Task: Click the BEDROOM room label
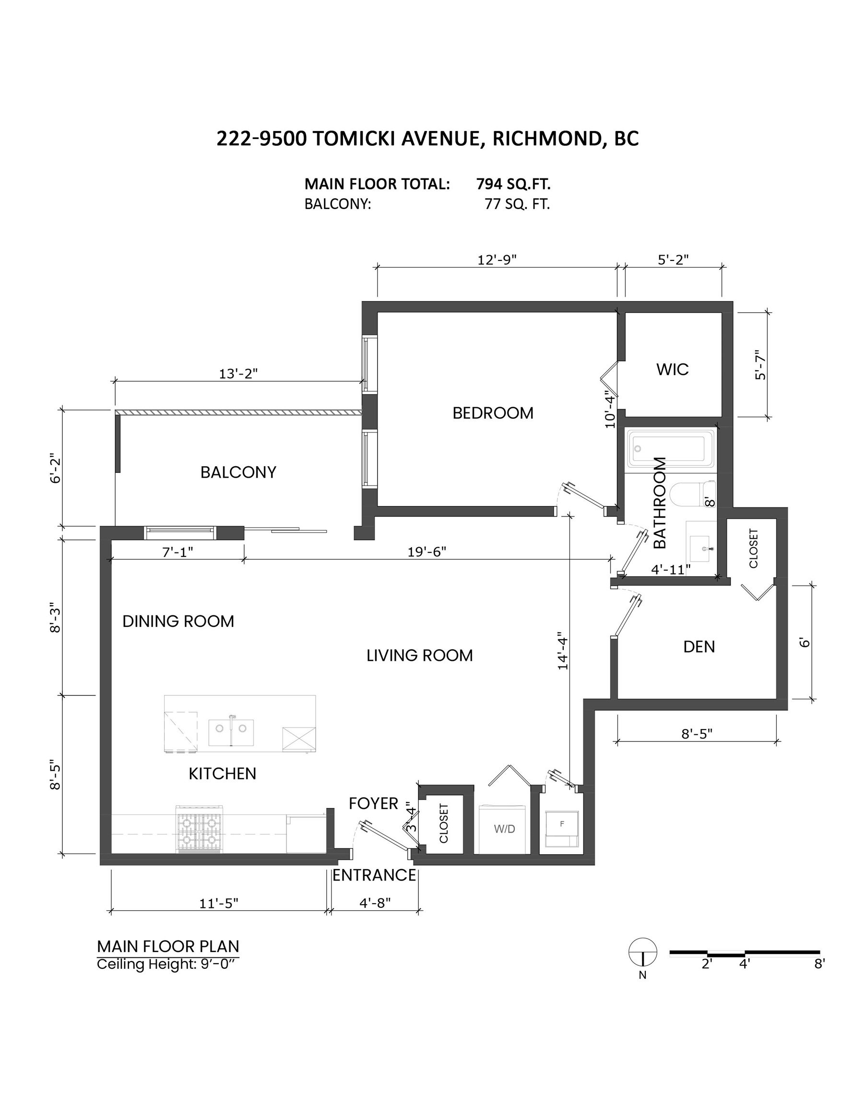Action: [493, 413]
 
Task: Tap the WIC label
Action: [672, 369]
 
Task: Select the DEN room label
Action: [699, 647]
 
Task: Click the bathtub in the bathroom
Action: [670, 448]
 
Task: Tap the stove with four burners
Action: [199, 830]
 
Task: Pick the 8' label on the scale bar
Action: [819, 964]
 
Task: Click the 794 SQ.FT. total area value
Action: [513, 184]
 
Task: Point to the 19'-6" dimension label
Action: [426, 552]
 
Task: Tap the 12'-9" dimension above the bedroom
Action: [497, 259]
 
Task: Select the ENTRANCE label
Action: [374, 875]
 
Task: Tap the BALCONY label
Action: [238, 472]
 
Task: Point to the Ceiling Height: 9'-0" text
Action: [166, 964]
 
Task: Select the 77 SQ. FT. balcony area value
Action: [517, 204]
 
